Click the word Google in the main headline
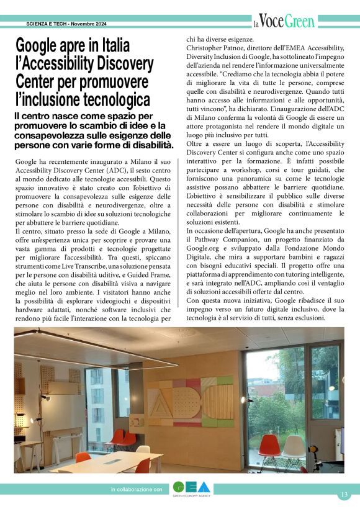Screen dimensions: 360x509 [42, 46]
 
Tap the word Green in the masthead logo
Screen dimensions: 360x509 [300, 23]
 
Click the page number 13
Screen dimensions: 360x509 [344, 494]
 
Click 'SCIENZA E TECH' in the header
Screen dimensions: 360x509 [47, 24]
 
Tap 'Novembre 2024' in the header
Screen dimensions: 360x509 [88, 24]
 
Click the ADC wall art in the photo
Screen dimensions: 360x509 [191, 399]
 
